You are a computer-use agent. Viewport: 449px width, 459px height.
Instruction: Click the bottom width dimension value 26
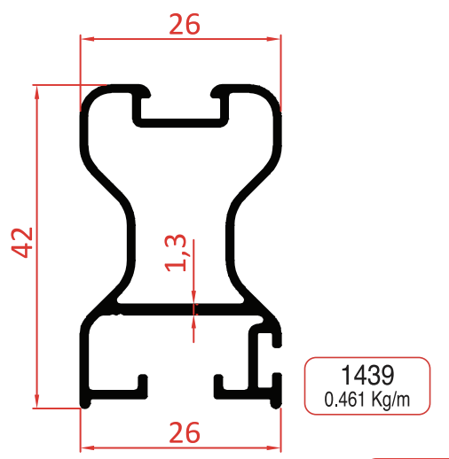184,432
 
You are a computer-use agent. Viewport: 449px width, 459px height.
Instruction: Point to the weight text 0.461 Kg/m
367,398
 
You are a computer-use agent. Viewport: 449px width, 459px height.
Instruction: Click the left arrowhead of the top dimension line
86,39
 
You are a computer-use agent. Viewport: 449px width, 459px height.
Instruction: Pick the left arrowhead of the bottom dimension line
86,444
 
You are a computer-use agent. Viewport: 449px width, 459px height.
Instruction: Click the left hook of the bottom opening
139,384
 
